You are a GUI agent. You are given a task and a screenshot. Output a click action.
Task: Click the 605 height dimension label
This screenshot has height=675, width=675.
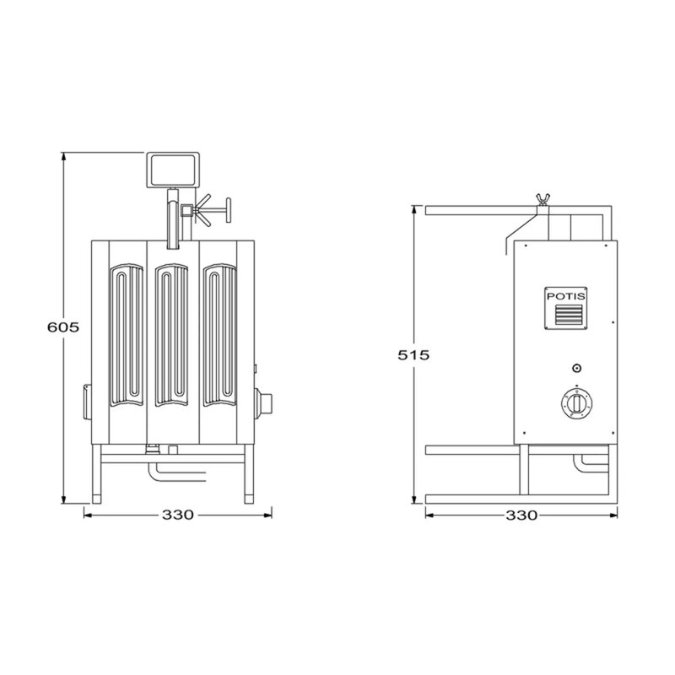pyautogui.click(x=63, y=327)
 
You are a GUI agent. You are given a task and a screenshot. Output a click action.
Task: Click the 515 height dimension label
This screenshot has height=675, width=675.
pyautogui.click(x=413, y=355)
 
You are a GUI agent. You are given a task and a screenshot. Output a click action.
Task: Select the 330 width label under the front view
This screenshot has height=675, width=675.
pyautogui.click(x=178, y=515)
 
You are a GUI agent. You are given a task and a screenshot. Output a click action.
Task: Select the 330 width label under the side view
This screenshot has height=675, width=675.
pyautogui.click(x=521, y=516)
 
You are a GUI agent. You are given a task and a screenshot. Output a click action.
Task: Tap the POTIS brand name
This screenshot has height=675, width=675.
pyautogui.click(x=565, y=296)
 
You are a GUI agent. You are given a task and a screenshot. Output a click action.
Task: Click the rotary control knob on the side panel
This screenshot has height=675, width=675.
pyautogui.click(x=576, y=404)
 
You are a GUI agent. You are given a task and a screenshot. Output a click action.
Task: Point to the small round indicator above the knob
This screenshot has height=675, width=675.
pyautogui.click(x=577, y=368)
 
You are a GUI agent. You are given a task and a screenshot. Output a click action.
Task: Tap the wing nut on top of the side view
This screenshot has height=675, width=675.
pyautogui.click(x=543, y=200)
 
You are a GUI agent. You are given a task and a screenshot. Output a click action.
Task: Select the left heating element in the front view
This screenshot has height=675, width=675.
pyautogui.click(x=127, y=335)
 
